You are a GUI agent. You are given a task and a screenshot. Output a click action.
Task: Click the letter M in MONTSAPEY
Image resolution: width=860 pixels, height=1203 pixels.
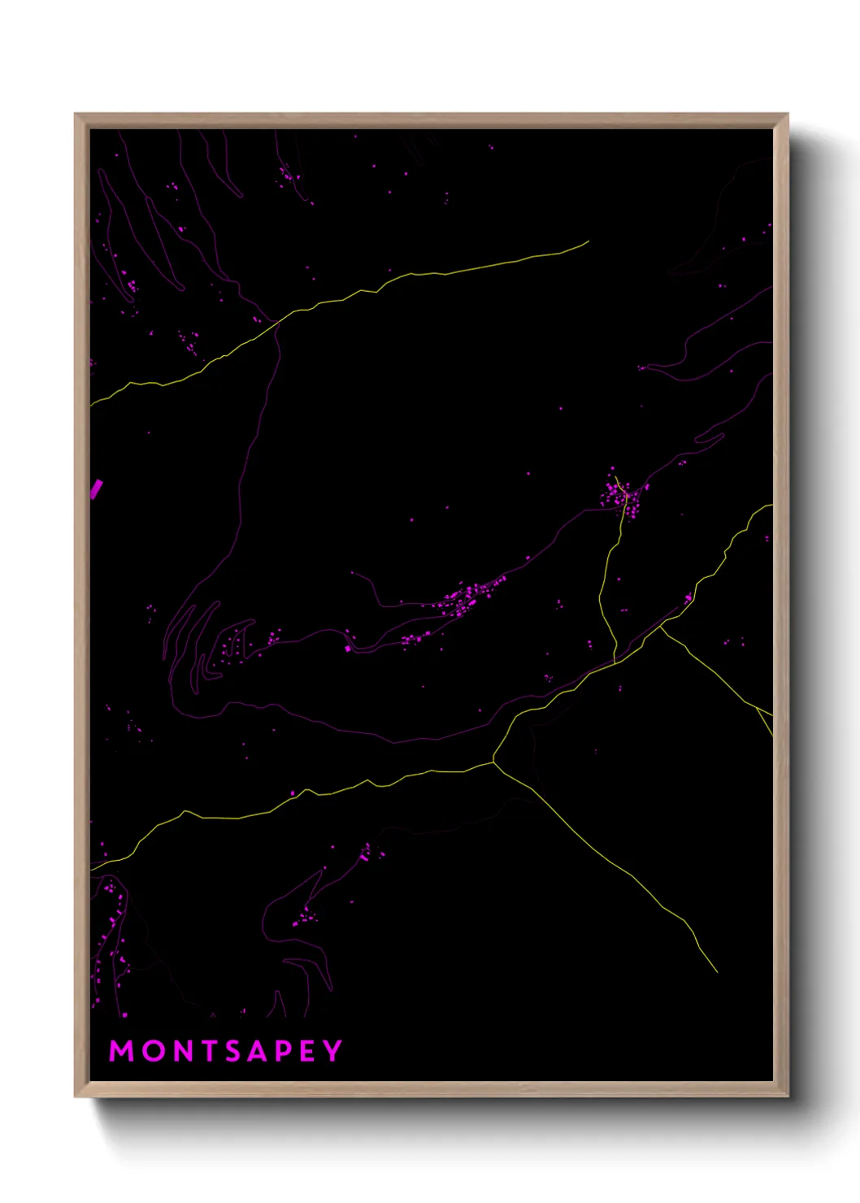click(x=121, y=1051)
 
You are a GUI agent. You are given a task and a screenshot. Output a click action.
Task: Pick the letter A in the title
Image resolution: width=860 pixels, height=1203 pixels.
click(x=259, y=1051)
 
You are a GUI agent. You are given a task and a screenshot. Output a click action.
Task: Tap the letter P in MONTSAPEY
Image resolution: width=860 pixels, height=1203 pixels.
click(x=284, y=1051)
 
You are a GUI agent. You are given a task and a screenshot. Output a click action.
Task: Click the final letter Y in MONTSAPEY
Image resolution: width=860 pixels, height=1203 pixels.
click(x=332, y=1051)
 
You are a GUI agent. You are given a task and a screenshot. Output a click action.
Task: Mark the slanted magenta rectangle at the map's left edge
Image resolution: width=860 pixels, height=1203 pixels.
click(x=96, y=489)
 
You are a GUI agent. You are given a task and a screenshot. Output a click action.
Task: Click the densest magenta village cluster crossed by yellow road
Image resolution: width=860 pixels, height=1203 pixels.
click(x=623, y=496)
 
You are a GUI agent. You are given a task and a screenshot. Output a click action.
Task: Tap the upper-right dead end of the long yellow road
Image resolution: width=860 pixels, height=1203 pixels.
click(x=588, y=241)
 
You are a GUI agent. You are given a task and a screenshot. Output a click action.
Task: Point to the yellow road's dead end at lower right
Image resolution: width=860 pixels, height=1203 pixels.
click(x=717, y=971)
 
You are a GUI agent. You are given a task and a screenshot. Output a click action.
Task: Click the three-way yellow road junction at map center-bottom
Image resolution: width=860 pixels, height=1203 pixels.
click(x=493, y=762)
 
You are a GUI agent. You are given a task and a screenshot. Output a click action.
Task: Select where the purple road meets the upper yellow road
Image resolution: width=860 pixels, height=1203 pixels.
click(x=278, y=323)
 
